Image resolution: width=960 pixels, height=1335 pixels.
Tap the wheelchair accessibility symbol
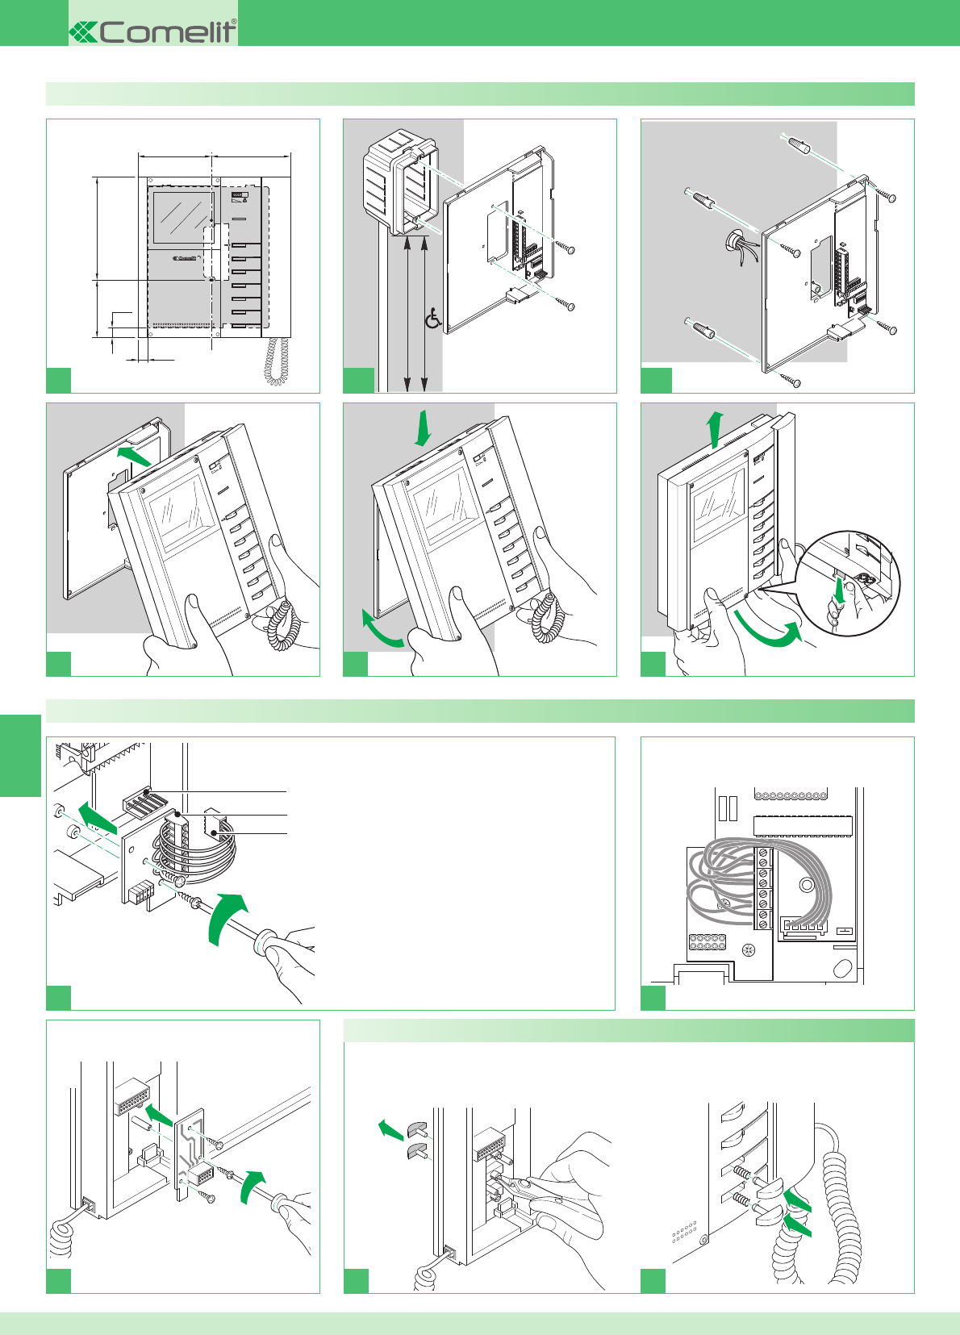coord(433,319)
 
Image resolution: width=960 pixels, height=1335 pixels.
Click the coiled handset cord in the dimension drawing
coord(278,361)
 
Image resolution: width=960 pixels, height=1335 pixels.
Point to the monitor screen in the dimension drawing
coord(182,218)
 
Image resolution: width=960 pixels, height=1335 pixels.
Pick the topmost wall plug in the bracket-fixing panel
coord(798,147)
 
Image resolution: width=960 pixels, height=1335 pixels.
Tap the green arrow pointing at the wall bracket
coord(132,457)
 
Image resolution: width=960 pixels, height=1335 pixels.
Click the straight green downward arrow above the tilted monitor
coord(422,428)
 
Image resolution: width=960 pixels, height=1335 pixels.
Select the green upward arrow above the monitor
coord(714,428)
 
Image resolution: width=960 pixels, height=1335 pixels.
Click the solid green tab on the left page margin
coord(20,755)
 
